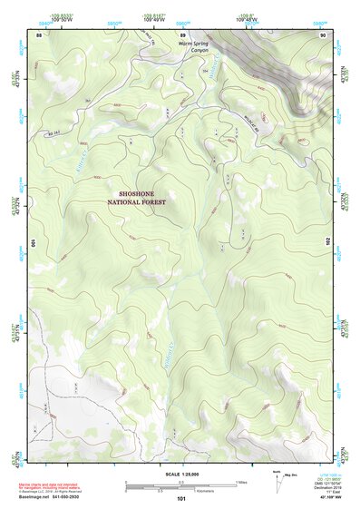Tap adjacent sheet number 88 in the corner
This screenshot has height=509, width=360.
(x=39, y=34)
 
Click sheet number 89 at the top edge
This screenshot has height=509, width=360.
(x=182, y=34)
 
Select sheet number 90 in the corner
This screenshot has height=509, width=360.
(x=324, y=34)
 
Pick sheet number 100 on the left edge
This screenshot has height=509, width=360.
(x=34, y=243)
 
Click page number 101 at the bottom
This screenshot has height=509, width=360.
(x=181, y=498)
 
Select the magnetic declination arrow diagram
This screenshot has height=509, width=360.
(x=279, y=479)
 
